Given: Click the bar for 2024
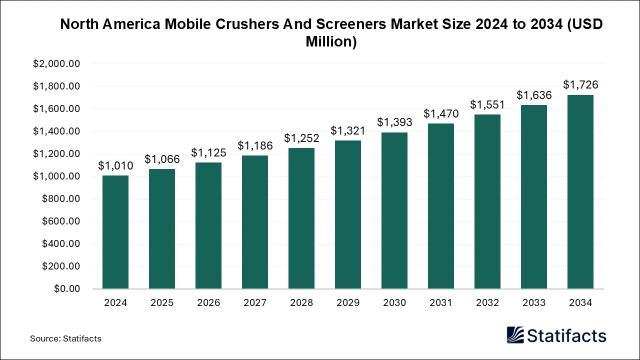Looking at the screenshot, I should (x=115, y=232).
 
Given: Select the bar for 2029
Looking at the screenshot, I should (x=348, y=214).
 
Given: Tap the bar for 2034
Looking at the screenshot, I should (x=580, y=192).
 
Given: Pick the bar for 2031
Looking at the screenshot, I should (x=441, y=206).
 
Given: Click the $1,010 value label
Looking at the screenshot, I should (x=115, y=165).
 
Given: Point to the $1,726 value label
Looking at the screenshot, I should (x=580, y=84).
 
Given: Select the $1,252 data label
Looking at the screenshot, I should (x=301, y=137).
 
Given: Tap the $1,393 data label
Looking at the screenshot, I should (x=394, y=122).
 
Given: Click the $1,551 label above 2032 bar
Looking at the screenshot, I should (x=487, y=104).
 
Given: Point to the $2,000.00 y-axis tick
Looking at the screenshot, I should (x=56, y=64).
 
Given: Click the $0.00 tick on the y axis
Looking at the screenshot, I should (x=67, y=289).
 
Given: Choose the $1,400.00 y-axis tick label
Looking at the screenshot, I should (x=56, y=131).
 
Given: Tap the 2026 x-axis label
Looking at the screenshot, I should (x=208, y=303).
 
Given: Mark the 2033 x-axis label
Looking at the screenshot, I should (x=534, y=303).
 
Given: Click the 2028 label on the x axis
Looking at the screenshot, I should (x=301, y=303).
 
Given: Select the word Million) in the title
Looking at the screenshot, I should (x=331, y=42).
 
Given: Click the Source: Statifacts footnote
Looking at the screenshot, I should (x=65, y=338).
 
